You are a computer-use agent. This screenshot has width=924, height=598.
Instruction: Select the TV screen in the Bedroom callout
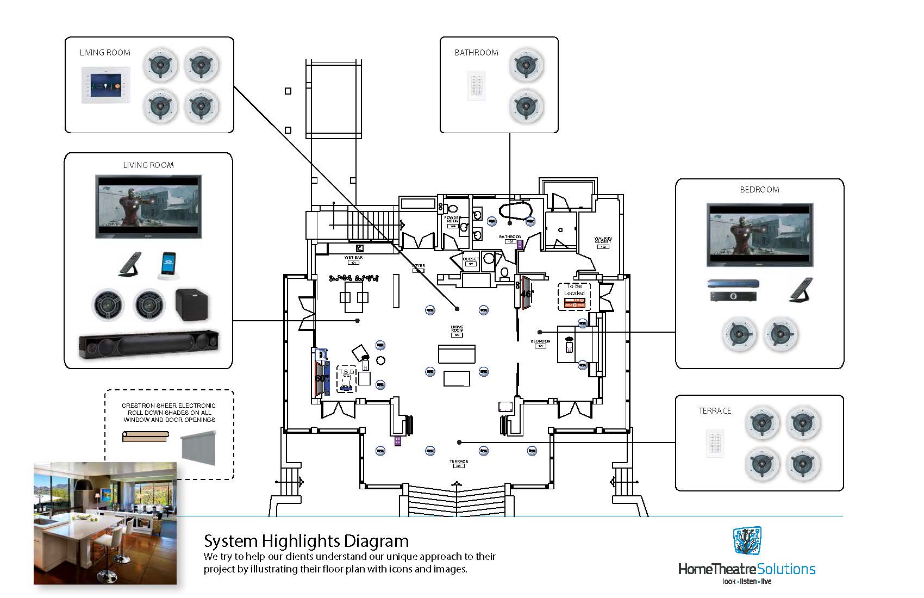click(x=759, y=235)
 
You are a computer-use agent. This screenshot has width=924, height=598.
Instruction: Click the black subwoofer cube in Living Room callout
click(x=191, y=303)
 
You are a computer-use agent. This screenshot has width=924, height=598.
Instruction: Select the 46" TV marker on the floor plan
click(x=525, y=293)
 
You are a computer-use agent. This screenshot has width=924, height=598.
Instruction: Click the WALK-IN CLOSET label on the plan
click(x=602, y=240)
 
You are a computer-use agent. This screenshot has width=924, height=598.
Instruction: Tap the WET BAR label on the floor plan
click(x=353, y=258)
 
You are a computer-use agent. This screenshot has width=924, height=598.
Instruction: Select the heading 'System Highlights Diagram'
click(x=306, y=541)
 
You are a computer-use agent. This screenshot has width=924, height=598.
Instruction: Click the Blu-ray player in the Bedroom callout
click(x=733, y=284)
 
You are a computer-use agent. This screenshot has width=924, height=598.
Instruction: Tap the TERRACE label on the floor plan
click(x=458, y=462)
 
